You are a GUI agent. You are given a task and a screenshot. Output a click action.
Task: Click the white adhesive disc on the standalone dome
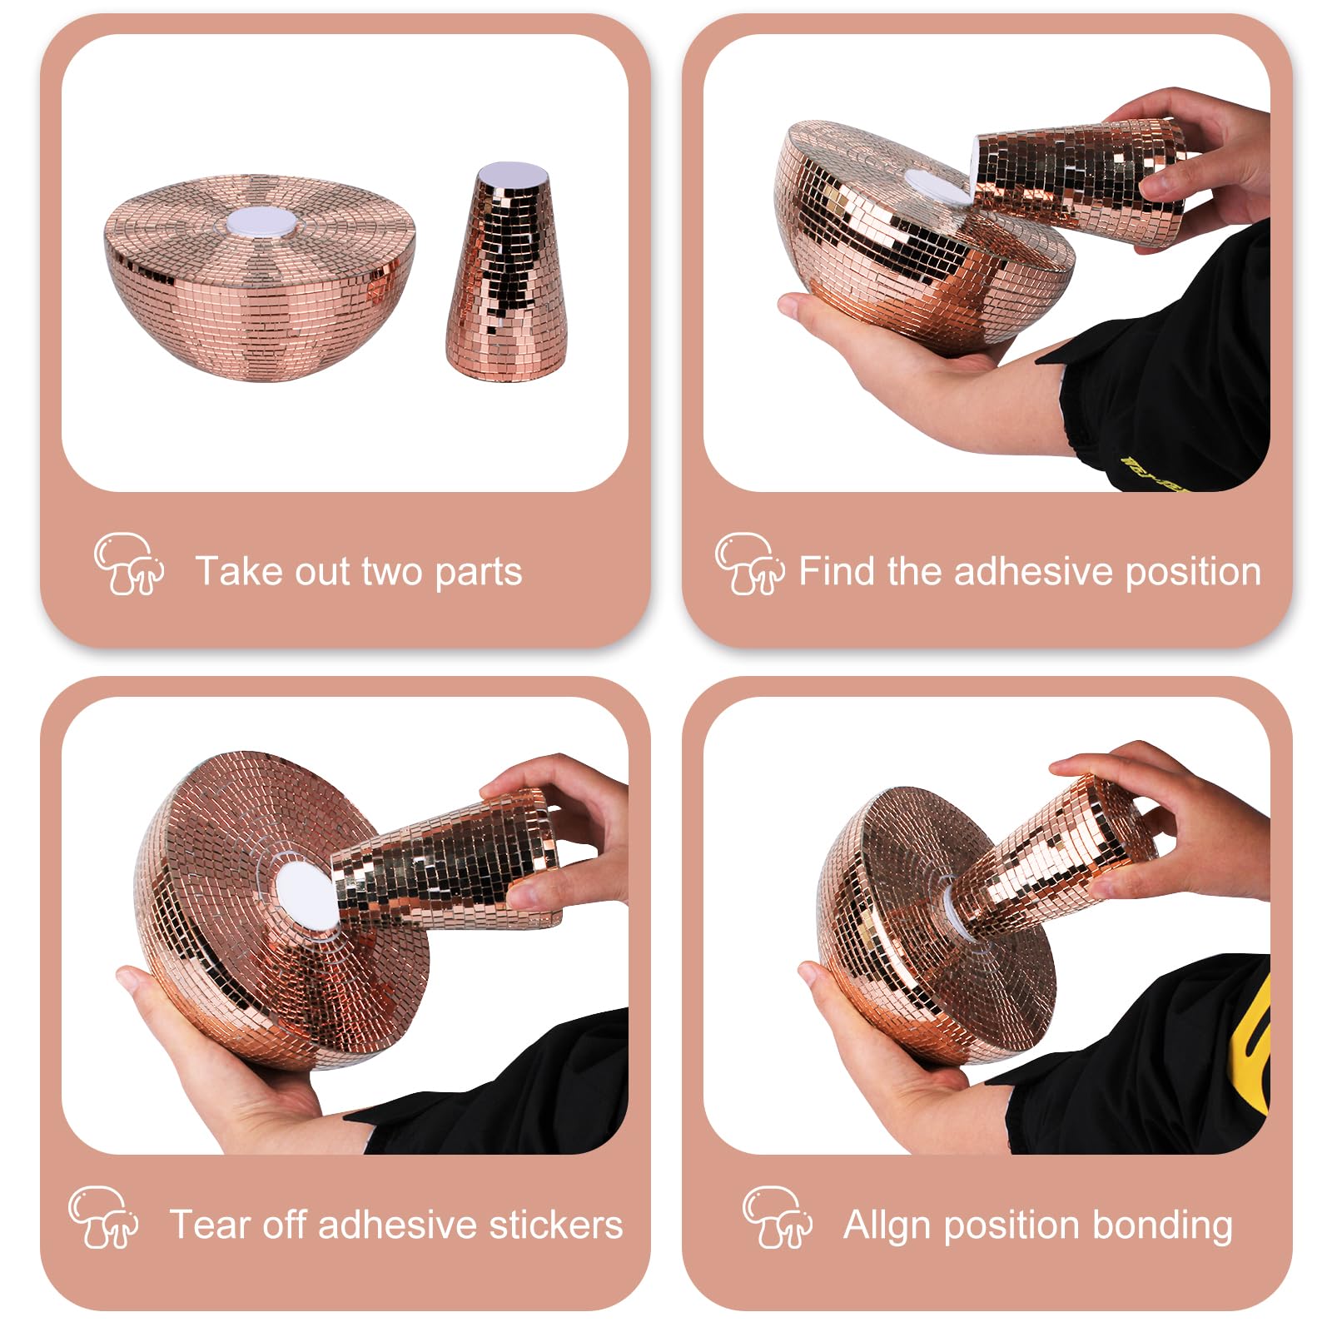[x=259, y=222]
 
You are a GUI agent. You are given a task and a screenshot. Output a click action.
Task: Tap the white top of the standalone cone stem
[x=511, y=174]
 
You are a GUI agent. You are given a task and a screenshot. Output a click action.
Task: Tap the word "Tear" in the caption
[x=205, y=1225]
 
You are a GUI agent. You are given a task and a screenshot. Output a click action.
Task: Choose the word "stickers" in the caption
[x=555, y=1225]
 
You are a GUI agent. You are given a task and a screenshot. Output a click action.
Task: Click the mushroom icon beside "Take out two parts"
[x=128, y=564]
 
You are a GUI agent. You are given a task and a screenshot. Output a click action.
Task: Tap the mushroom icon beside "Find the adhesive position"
[x=749, y=564]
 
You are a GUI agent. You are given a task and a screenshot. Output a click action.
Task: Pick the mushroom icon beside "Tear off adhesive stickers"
[x=103, y=1217]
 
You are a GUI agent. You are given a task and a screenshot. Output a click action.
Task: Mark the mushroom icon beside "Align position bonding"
[x=778, y=1217]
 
